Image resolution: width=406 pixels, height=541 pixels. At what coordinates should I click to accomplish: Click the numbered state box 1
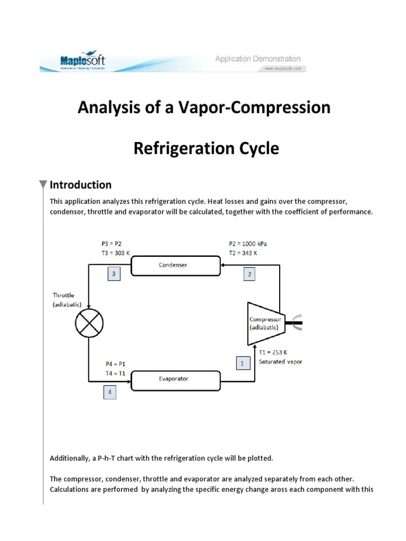(x=242, y=363)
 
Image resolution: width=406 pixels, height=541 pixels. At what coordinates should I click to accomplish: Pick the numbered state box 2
(x=251, y=274)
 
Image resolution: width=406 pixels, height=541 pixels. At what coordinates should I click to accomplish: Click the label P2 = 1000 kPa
(x=248, y=244)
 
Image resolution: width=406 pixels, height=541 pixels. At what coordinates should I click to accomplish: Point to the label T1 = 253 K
(x=273, y=352)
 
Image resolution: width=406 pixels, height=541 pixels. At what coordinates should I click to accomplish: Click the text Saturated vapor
(x=281, y=362)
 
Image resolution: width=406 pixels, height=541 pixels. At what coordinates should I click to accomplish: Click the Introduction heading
(x=80, y=185)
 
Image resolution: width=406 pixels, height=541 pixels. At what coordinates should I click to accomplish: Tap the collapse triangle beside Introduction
(x=43, y=185)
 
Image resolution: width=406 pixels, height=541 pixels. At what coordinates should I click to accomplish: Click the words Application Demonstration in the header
(x=257, y=59)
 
